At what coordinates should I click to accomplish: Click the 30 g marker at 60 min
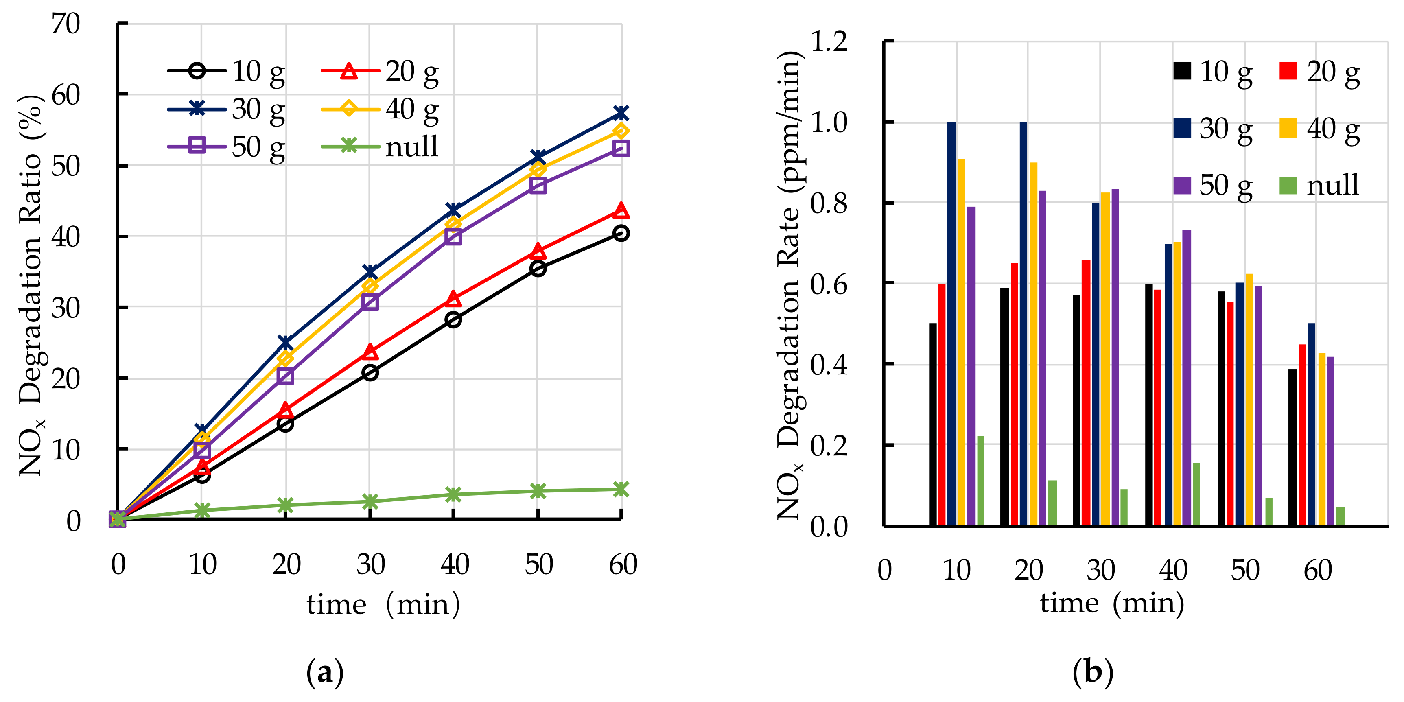[x=621, y=114]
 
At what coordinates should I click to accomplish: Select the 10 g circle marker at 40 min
[x=453, y=319]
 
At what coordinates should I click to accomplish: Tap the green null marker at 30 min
[x=370, y=501]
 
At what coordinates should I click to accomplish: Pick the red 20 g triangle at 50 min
[x=538, y=251]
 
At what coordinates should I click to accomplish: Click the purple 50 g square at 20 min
[x=285, y=376]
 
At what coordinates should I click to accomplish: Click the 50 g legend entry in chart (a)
[x=226, y=146]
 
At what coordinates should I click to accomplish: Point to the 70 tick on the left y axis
[x=66, y=24]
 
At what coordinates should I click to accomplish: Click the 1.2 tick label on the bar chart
[x=829, y=42]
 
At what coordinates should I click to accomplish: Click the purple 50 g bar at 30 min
[x=1115, y=357]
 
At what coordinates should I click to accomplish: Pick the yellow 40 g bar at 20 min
[x=1034, y=343]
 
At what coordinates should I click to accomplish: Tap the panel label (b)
[x=1093, y=671]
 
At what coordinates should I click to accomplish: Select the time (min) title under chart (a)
[x=383, y=604]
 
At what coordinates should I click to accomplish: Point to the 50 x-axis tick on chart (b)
[x=1245, y=571]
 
